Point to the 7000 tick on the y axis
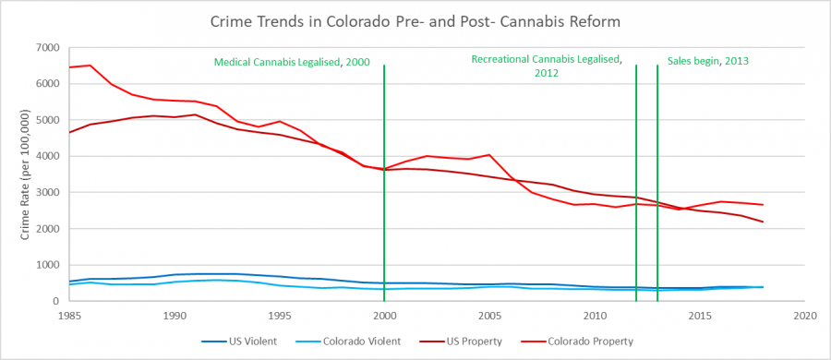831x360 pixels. click(x=46, y=47)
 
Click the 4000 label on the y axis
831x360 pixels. click(x=46, y=156)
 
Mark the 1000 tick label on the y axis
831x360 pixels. click(x=46, y=265)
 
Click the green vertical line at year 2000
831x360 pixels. click(x=384, y=185)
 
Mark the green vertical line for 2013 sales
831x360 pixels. click(x=657, y=185)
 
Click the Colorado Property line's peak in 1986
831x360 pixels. click(x=90, y=66)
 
